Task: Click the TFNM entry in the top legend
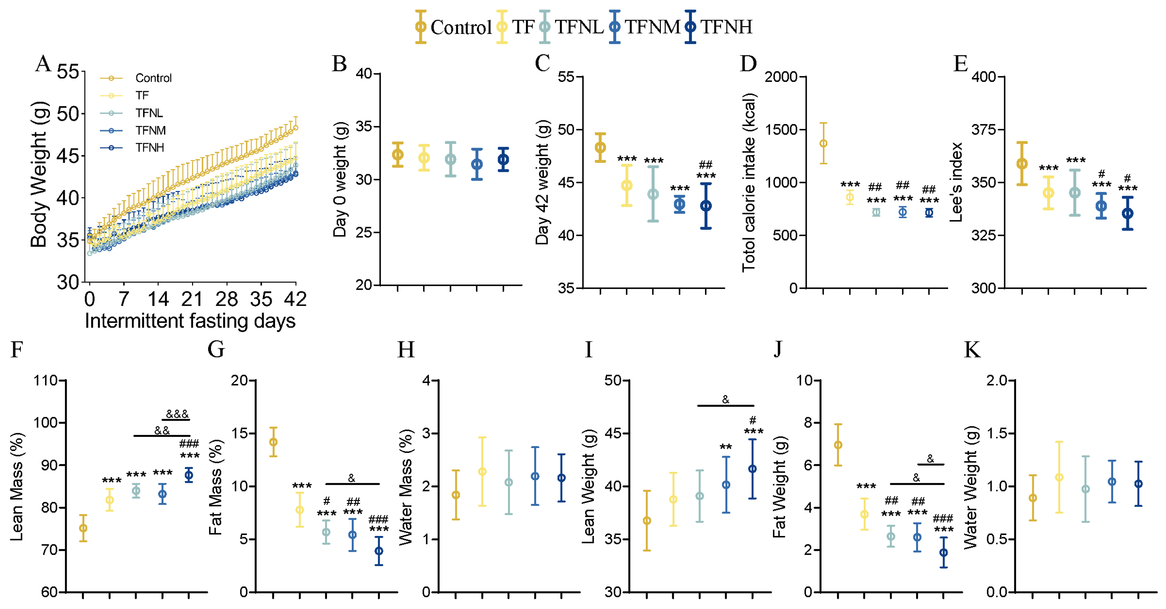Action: pyautogui.click(x=652, y=27)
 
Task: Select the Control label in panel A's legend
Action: pyautogui.click(x=153, y=78)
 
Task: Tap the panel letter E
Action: pyautogui.click(x=960, y=64)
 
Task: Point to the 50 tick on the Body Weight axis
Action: pyautogui.click(x=68, y=114)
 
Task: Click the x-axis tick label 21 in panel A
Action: pyautogui.click(x=192, y=299)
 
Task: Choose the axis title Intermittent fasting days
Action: pyautogui.click(x=190, y=321)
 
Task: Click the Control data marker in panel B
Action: pyautogui.click(x=397, y=155)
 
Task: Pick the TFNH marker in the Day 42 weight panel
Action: pyautogui.click(x=706, y=206)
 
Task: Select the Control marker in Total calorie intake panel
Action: pyautogui.click(x=824, y=143)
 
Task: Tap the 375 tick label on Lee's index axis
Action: pyautogui.click(x=984, y=130)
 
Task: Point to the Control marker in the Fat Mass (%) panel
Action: pyautogui.click(x=273, y=442)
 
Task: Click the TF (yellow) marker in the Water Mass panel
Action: pyautogui.click(x=483, y=472)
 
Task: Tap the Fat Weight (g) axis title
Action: pyautogui.click(x=779, y=487)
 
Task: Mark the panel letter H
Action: pyautogui.click(x=406, y=350)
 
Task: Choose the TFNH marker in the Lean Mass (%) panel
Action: pyautogui.click(x=189, y=475)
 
